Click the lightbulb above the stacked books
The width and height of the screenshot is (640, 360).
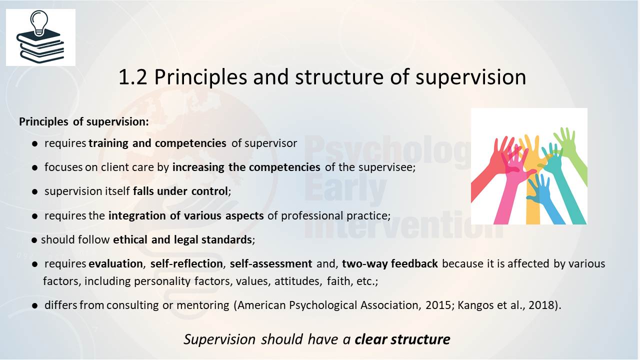click(39, 23)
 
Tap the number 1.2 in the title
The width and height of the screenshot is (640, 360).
click(132, 77)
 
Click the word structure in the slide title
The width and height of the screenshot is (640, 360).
click(339, 77)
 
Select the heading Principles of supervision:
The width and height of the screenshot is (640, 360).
click(83, 121)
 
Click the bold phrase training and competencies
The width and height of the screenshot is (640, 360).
click(157, 143)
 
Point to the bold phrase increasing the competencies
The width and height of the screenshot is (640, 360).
click(246, 167)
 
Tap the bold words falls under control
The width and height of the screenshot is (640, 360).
click(180, 191)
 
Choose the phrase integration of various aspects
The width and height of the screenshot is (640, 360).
click(186, 215)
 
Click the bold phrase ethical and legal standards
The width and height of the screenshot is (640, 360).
click(182, 239)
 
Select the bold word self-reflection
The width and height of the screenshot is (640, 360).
click(186, 263)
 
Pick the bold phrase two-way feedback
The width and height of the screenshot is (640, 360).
click(389, 263)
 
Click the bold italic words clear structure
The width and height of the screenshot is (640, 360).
click(402, 339)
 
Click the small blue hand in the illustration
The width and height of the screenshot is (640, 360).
click(543, 197)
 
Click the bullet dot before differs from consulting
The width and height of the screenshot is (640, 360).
click(35, 306)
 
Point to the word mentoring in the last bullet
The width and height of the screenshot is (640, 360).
click(203, 305)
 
